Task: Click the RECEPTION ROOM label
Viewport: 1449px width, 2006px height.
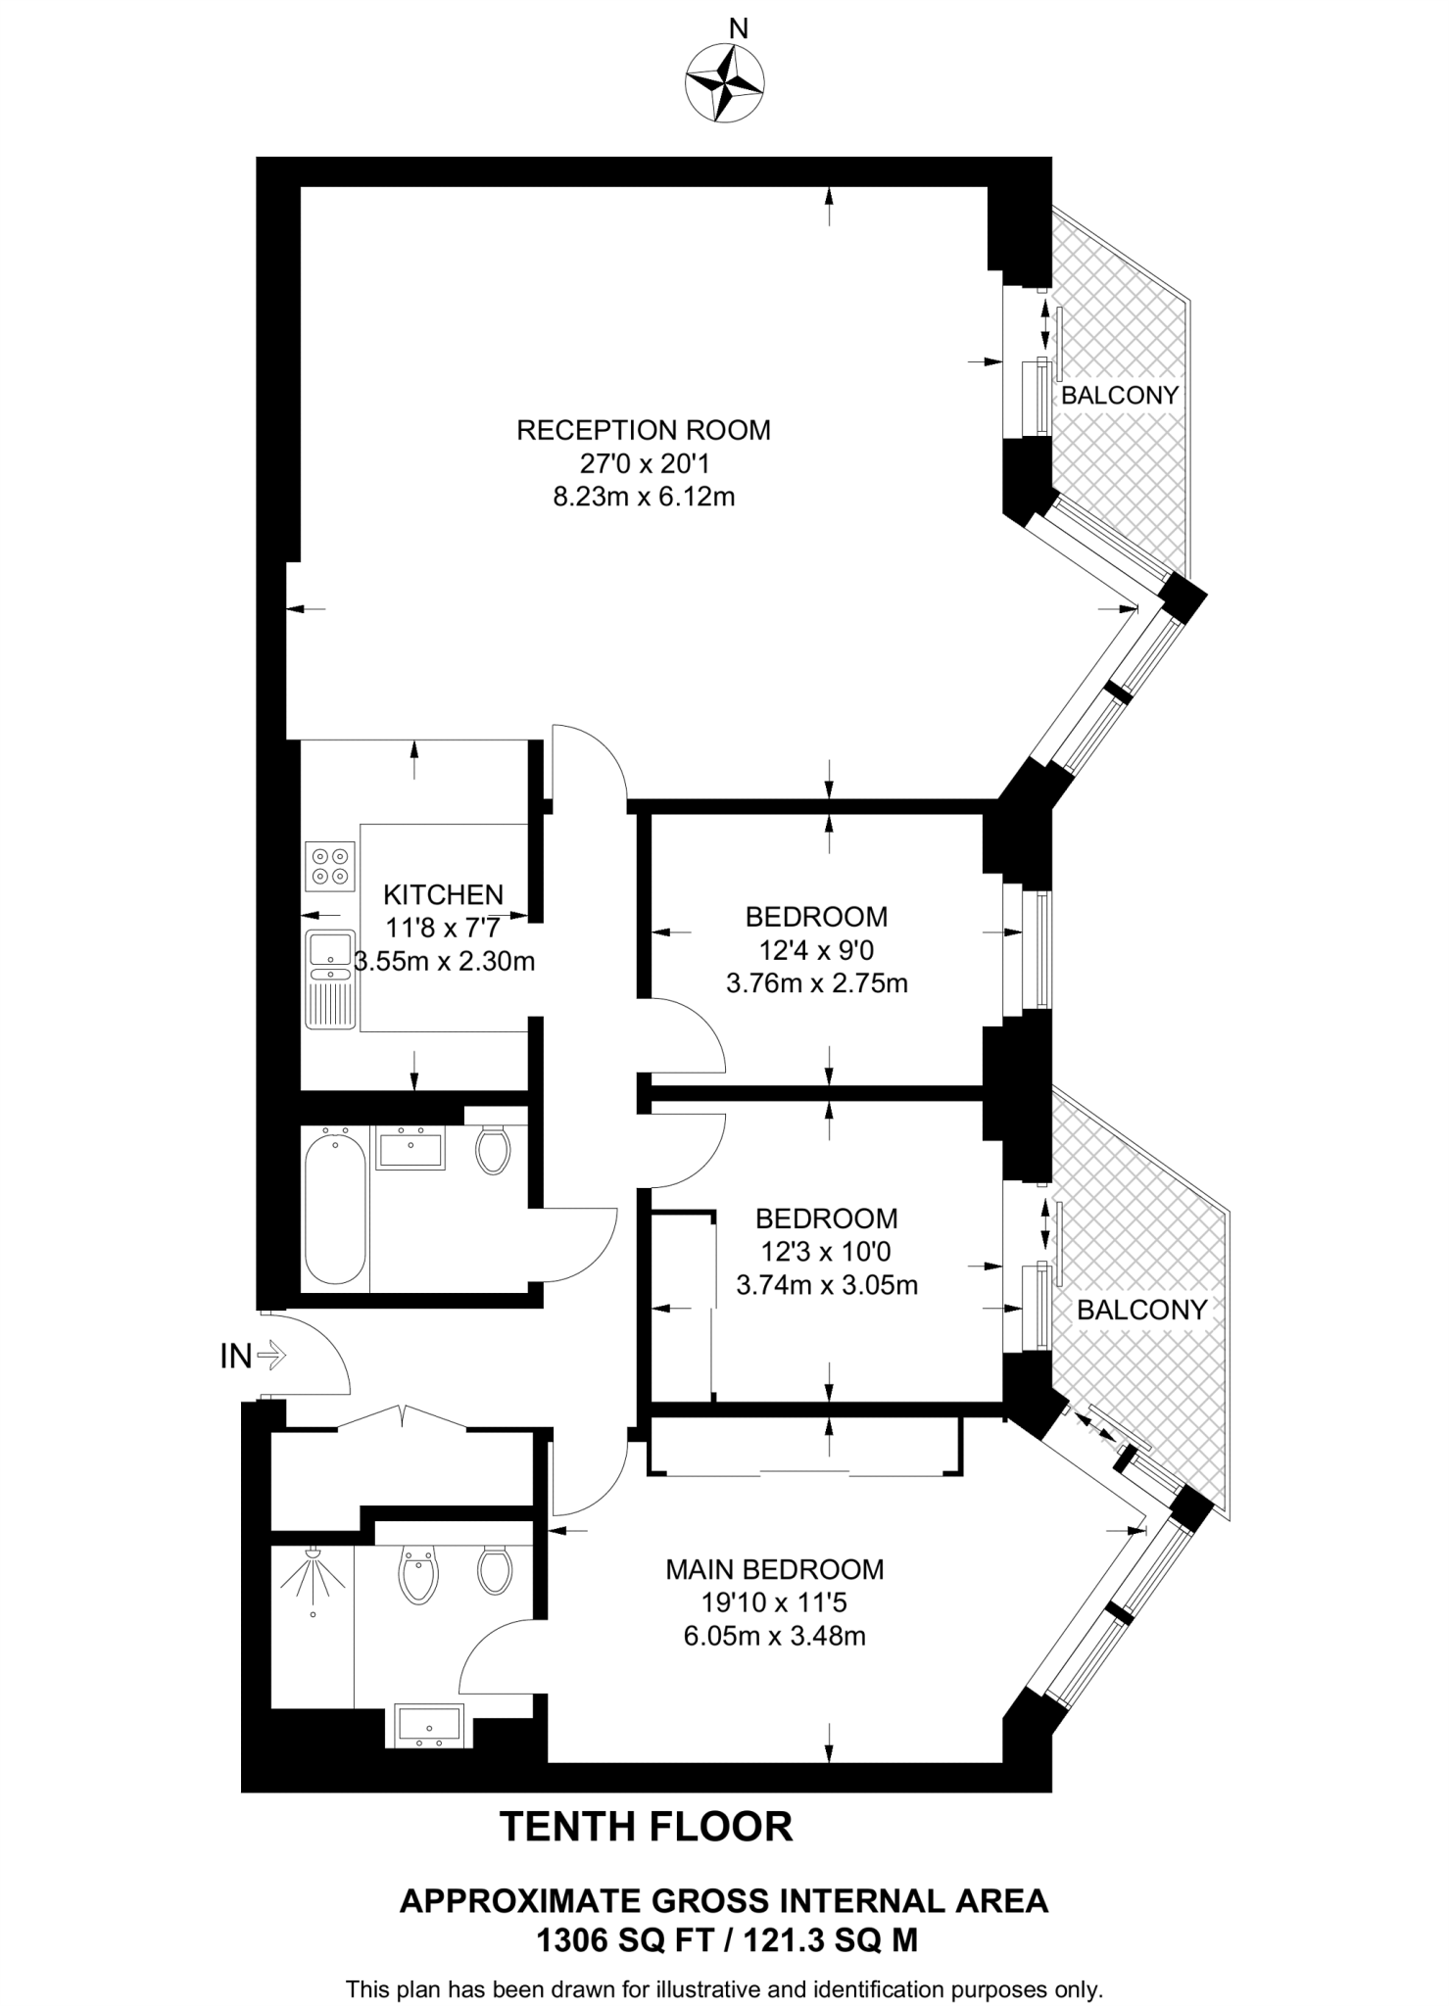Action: [643, 430]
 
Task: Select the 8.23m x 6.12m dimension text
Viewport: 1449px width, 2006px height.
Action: [643, 497]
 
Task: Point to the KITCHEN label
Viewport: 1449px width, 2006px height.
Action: [443, 894]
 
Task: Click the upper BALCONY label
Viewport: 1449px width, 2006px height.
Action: [1119, 396]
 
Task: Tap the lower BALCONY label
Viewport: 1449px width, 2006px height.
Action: [1141, 1311]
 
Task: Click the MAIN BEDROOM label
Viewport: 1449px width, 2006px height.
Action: [774, 1569]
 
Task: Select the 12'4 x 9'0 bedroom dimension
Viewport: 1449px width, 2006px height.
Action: [816, 950]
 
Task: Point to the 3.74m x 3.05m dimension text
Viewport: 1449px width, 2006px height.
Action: [826, 1285]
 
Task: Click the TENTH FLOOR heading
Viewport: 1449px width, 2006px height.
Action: [646, 1827]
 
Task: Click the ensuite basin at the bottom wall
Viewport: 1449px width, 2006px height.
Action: [428, 1725]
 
